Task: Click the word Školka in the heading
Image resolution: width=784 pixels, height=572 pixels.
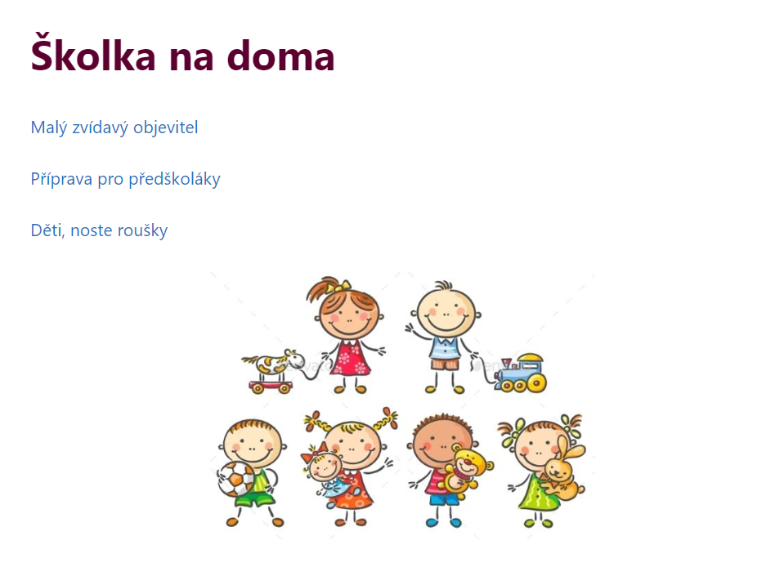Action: coord(93,53)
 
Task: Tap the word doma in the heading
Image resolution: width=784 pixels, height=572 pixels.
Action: coord(280,55)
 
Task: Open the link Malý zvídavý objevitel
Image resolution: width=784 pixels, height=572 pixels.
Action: coord(114,128)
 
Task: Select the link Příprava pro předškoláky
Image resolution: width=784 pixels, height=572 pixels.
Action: coord(126,179)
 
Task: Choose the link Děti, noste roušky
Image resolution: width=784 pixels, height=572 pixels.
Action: coord(99,230)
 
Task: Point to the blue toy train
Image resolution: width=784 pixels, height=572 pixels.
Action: coord(520,373)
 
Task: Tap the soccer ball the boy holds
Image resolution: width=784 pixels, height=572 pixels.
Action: coord(236,480)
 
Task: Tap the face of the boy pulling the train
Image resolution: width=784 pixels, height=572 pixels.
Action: coord(445,311)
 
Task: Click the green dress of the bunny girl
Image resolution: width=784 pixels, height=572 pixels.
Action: coord(536,494)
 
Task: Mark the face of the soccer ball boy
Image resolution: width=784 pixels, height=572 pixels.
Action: coord(252,444)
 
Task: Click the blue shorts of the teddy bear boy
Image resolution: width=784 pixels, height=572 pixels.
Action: coord(442,498)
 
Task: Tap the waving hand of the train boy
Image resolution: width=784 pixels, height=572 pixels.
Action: coord(411,329)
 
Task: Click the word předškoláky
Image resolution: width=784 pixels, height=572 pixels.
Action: coord(174,179)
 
